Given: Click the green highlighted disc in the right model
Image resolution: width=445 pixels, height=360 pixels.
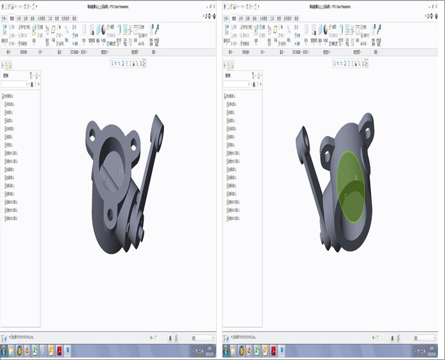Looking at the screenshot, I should click(349, 186).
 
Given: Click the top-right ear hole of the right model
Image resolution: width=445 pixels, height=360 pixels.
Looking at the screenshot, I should click(367, 132).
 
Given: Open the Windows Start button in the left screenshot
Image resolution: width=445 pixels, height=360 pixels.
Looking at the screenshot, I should click(5, 351).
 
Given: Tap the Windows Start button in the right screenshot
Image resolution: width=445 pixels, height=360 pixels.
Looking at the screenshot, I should click(227, 351).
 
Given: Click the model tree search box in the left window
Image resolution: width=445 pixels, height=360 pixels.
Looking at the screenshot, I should click(15, 84).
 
